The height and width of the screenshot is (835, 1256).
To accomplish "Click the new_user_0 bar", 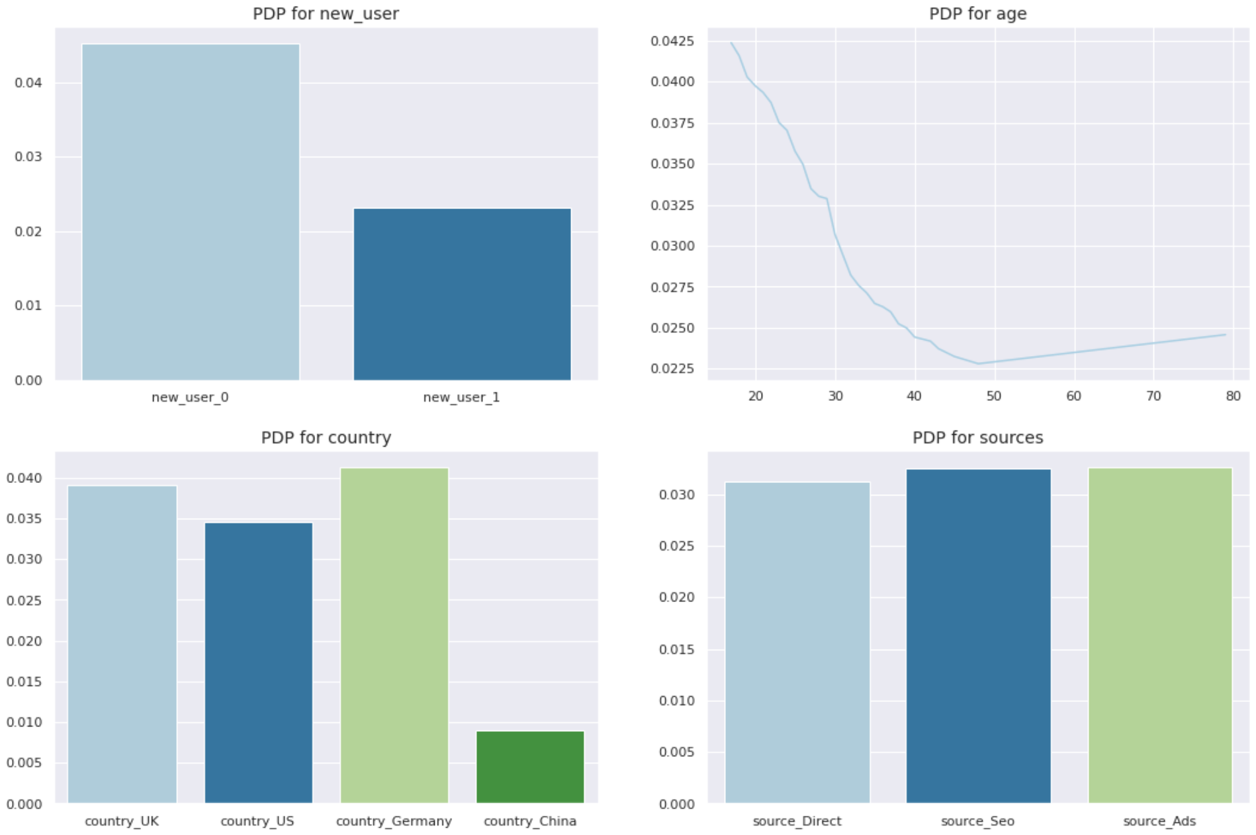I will [191, 212].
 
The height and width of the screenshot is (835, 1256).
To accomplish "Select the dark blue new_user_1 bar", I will [462, 294].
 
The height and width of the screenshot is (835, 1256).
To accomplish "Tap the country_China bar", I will [530, 767].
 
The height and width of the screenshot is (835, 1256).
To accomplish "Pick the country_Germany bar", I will [394, 635].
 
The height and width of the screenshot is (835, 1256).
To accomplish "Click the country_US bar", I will [259, 662].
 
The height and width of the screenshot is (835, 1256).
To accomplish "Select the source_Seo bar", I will [978, 636].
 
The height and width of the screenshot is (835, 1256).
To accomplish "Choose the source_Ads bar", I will [1160, 635].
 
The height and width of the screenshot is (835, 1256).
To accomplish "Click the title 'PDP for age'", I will [977, 14].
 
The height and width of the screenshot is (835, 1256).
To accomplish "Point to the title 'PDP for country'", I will [326, 438].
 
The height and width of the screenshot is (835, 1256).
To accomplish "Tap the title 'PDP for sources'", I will [977, 438].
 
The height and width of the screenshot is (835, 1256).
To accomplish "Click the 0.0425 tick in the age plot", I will [672, 41].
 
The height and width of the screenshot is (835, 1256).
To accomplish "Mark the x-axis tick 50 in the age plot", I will [994, 396].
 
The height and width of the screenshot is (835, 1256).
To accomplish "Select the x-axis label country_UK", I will [122, 821].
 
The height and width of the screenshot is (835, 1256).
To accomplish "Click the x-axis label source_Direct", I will [797, 821].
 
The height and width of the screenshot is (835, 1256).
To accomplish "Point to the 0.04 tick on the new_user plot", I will [28, 83].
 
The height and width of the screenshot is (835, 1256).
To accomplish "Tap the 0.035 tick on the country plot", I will [24, 519].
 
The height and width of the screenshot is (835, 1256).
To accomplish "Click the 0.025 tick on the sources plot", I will [676, 546].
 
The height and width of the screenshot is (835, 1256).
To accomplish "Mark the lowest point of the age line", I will [978, 363].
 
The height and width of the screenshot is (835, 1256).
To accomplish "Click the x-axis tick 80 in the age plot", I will [1233, 396].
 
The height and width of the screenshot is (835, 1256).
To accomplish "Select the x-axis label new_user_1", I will [461, 398].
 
